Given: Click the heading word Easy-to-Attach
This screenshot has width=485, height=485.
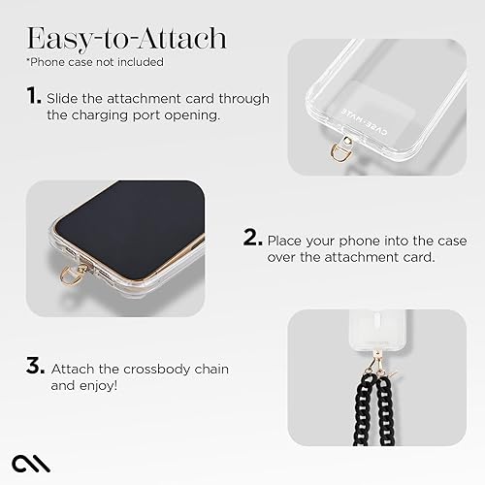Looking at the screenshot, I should point(126,39).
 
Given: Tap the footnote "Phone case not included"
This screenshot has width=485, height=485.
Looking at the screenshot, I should point(95,63).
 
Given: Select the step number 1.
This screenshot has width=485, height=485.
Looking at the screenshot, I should point(35,98).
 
